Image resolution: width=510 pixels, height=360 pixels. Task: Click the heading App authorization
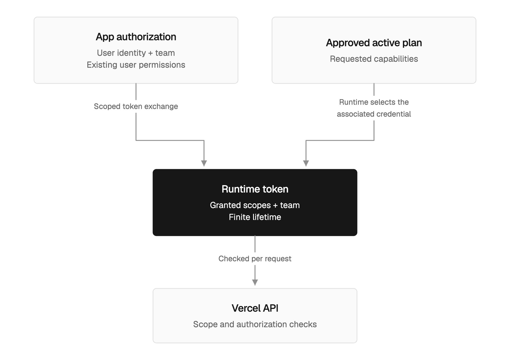(136, 37)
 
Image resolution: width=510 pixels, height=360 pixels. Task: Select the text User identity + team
(136, 53)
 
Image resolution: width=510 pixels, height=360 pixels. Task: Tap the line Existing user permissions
(136, 65)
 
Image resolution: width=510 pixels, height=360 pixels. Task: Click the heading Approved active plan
(374, 43)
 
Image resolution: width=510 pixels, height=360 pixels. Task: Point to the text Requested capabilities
(374, 59)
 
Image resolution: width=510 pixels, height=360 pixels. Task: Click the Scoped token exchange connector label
(136, 106)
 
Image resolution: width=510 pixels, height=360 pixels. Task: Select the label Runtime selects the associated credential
(374, 108)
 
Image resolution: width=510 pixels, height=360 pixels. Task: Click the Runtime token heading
(255, 189)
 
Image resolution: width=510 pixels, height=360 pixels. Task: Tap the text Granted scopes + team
(255, 205)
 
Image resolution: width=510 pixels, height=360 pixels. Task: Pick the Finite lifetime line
(255, 217)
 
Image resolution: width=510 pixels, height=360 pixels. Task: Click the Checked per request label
(255, 259)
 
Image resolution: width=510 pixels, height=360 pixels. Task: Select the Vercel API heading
(255, 308)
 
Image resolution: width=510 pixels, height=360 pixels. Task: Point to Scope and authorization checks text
(255, 324)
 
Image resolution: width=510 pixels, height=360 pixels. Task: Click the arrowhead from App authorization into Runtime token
(204, 163)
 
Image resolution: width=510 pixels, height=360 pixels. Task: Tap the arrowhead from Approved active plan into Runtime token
(306, 163)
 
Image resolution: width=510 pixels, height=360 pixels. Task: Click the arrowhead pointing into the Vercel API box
(255, 282)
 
